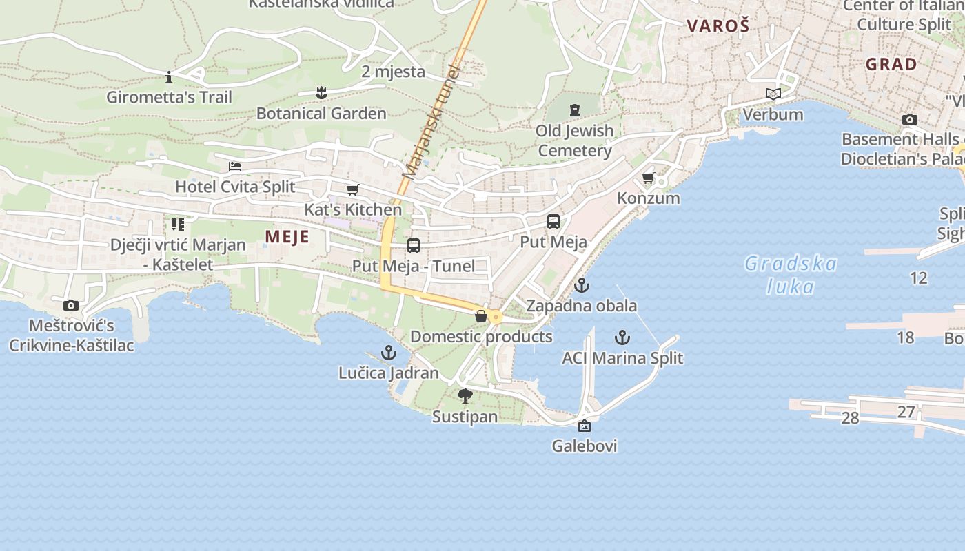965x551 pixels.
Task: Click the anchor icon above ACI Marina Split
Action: click(x=622, y=337)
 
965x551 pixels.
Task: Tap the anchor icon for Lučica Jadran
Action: click(x=389, y=353)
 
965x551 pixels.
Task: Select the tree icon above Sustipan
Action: click(x=465, y=396)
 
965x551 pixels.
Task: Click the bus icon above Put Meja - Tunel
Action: click(x=414, y=246)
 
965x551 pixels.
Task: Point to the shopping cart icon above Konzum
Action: click(x=648, y=178)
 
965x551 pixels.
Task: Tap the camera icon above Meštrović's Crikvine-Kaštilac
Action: click(x=70, y=305)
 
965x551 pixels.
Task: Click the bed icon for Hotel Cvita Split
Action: click(x=235, y=167)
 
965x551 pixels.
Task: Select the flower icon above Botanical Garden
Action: click(x=321, y=92)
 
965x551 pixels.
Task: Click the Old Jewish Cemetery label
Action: click(x=574, y=141)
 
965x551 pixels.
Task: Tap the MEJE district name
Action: click(x=287, y=237)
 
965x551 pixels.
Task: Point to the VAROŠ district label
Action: click(x=718, y=26)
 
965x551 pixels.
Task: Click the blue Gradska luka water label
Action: click(x=791, y=274)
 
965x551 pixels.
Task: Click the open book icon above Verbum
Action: click(x=773, y=94)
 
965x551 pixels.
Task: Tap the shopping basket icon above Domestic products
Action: click(x=481, y=316)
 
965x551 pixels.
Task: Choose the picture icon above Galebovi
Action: click(x=585, y=426)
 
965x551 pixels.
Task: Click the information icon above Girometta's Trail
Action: click(x=169, y=76)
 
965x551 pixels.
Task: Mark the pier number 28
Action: click(x=850, y=418)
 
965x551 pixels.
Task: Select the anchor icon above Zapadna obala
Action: click(x=582, y=284)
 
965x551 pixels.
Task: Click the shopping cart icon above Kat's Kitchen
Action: click(x=352, y=189)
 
